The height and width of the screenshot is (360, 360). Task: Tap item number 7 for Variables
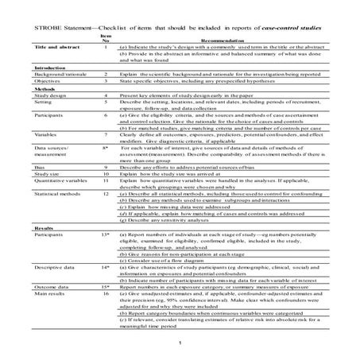106,135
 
